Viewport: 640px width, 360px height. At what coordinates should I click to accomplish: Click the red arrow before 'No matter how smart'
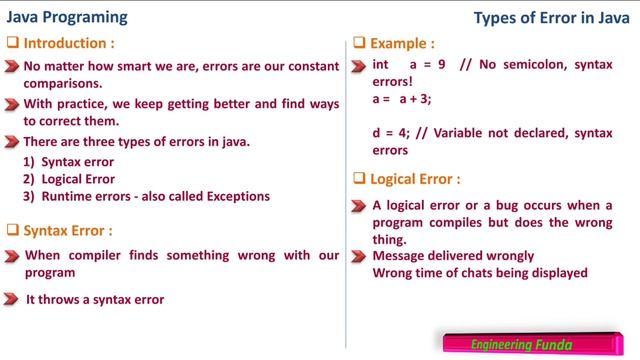point(11,66)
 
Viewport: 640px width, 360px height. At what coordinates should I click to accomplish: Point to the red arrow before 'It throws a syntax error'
point(11,299)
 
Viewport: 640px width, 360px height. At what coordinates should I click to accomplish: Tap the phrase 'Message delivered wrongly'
point(453,256)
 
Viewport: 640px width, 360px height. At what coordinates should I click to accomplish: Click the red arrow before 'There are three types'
point(11,142)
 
